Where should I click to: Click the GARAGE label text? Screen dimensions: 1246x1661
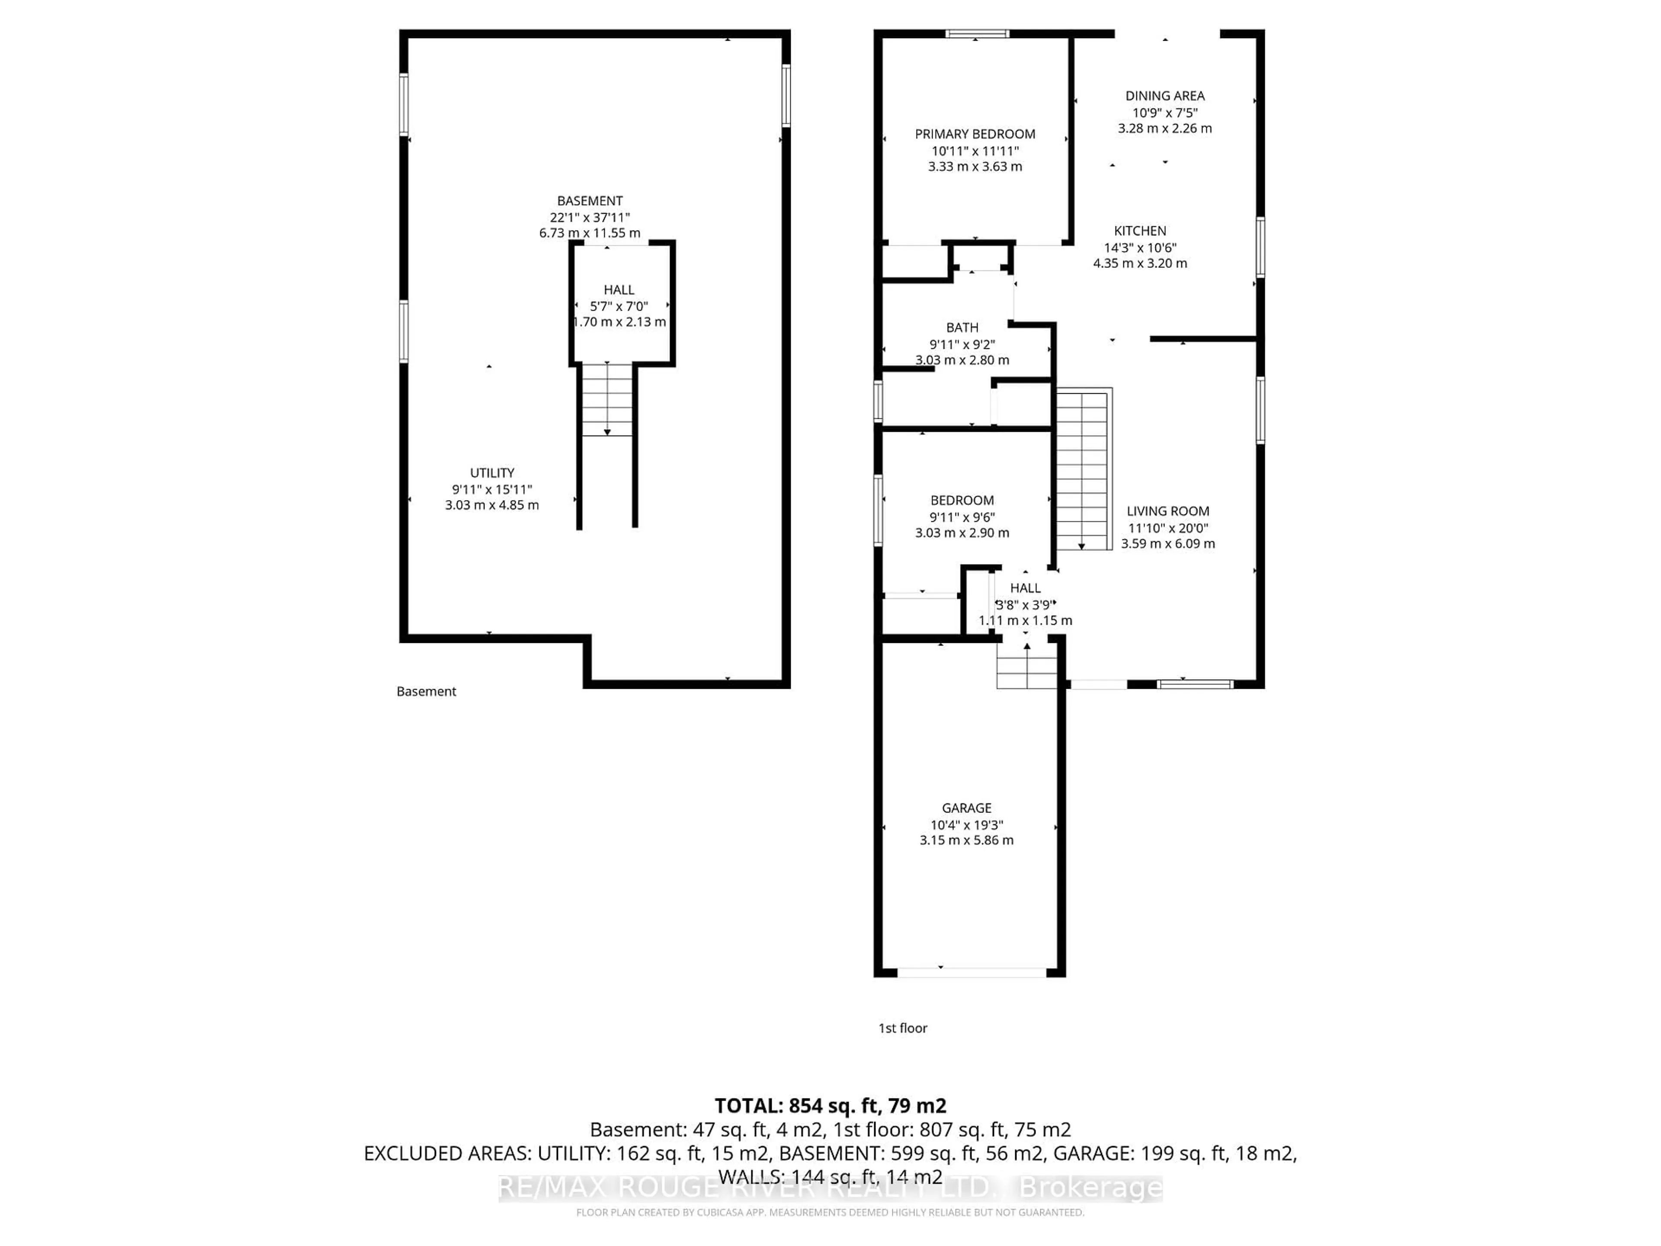pyautogui.click(x=966, y=808)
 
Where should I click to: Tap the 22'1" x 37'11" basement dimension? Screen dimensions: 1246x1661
pyautogui.click(x=590, y=218)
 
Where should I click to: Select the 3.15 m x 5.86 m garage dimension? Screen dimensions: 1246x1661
pyautogui.click(x=966, y=841)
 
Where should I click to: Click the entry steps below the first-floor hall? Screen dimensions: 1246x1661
pyautogui.click(x=1026, y=665)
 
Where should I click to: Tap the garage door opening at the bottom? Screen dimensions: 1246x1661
pyautogui.click(x=972, y=973)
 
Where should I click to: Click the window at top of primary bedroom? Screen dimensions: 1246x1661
pyautogui.click(x=977, y=34)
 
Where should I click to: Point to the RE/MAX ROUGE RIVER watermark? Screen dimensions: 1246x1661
pyautogui.click(x=830, y=1188)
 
